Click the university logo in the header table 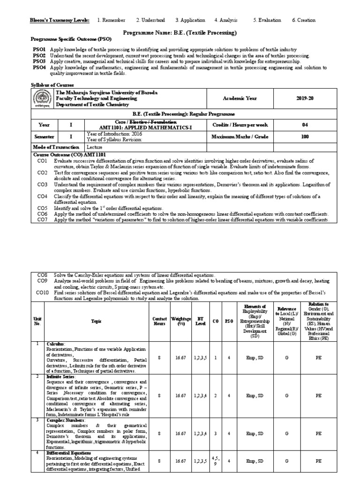click(x=43, y=99)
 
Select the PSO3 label click(x=39, y=61)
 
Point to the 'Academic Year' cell click(x=240, y=99)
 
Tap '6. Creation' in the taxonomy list click(x=303, y=20)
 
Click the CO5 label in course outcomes click(x=43, y=208)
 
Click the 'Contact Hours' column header click(x=159, y=321)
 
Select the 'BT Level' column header click(x=198, y=321)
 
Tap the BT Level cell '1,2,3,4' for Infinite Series click(x=200, y=395)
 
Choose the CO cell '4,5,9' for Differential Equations click(x=215, y=461)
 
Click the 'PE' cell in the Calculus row click(x=318, y=357)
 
